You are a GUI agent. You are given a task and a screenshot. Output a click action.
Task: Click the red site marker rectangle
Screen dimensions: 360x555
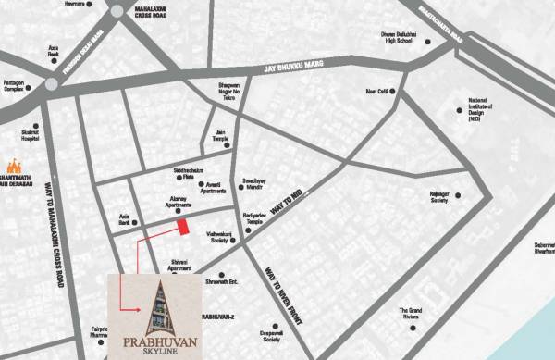(x=183, y=225)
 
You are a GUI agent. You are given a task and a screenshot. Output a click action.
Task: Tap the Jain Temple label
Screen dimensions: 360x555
(x=220, y=136)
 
